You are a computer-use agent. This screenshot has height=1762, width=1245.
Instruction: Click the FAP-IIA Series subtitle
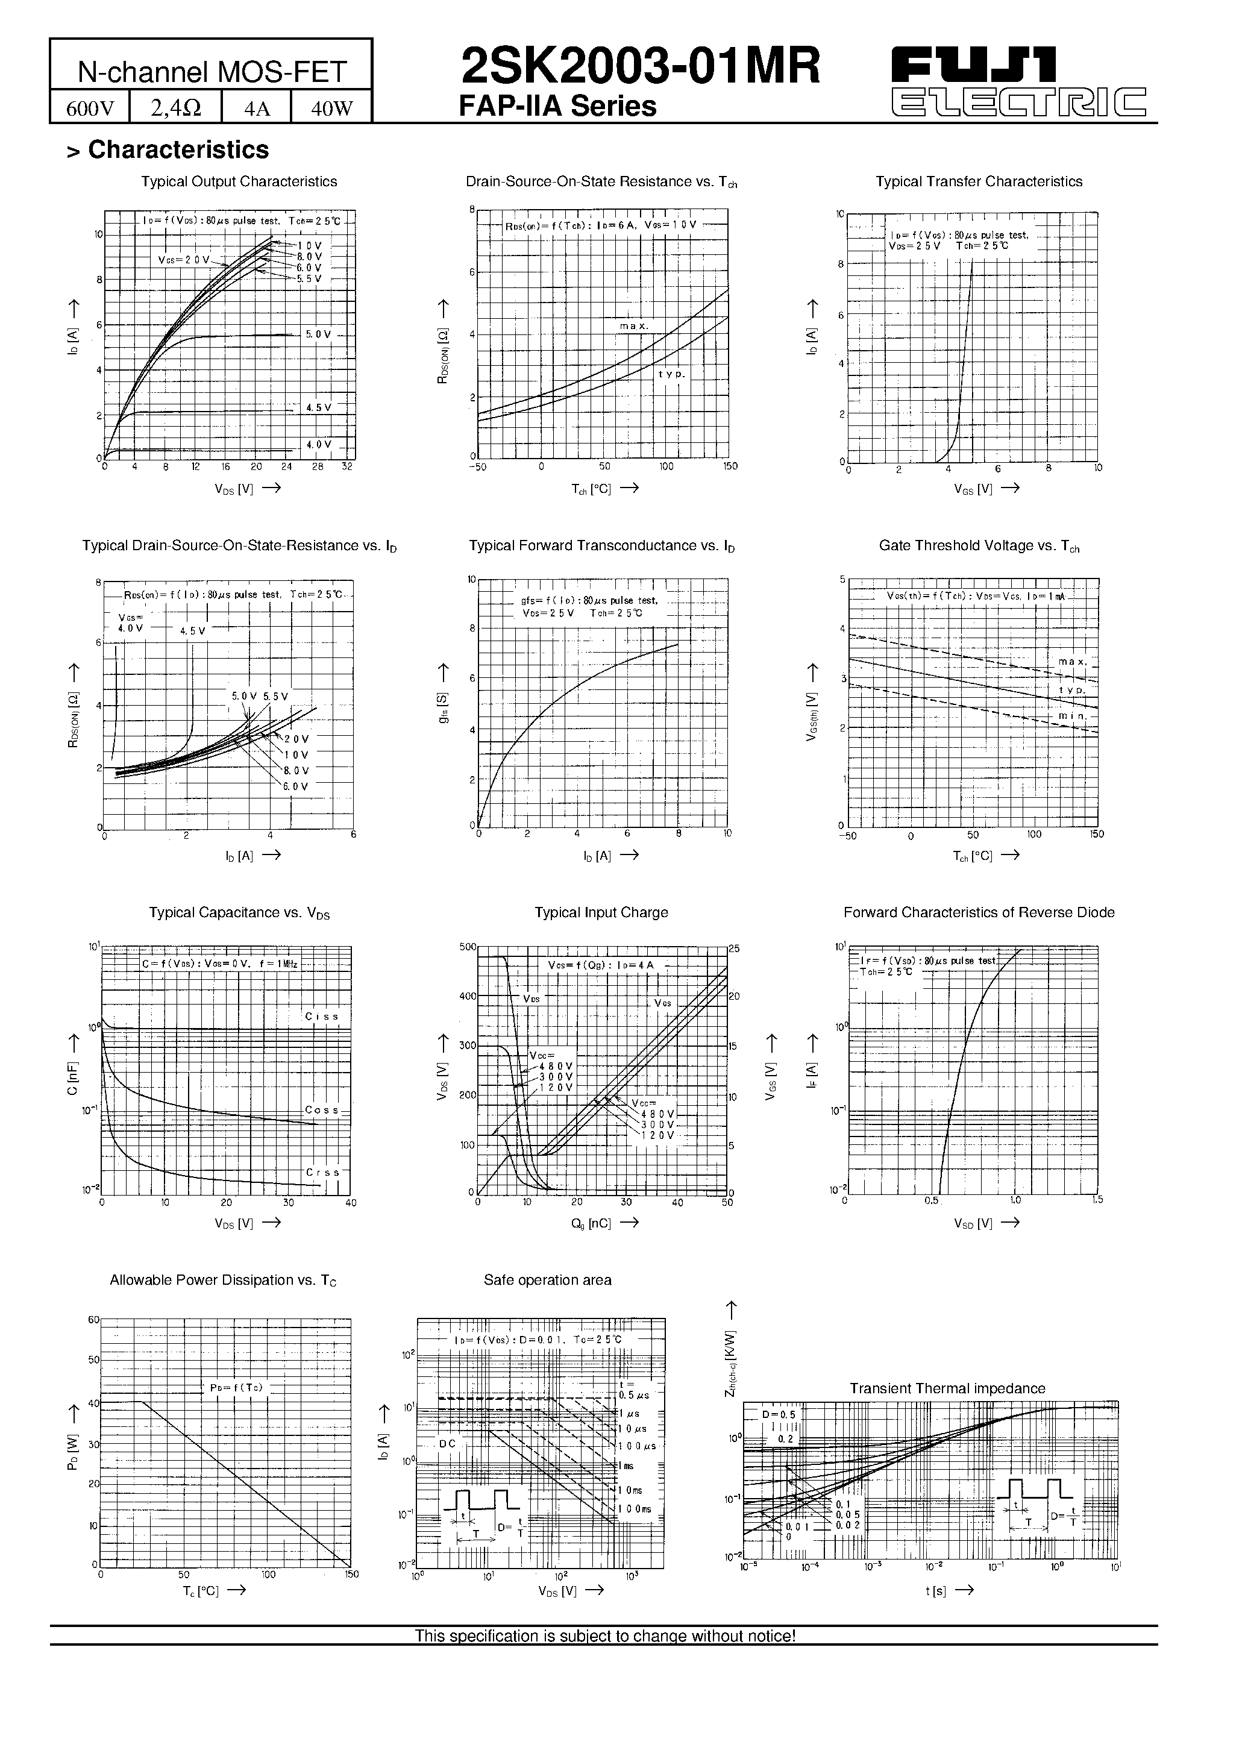(557, 107)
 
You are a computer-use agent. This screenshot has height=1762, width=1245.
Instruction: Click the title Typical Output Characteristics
(239, 182)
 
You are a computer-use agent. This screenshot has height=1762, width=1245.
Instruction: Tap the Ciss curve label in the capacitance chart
(322, 1016)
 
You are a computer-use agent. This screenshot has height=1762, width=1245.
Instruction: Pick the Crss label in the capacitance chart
(322, 1173)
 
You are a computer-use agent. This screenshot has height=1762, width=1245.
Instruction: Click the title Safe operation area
(547, 1280)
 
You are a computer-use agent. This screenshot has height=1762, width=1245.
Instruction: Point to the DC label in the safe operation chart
(448, 1443)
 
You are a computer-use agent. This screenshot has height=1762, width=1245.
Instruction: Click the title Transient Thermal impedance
(947, 1388)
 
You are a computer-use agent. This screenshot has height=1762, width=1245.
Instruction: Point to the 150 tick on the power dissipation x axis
(351, 1575)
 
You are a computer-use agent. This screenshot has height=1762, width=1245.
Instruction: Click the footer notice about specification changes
(605, 1636)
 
